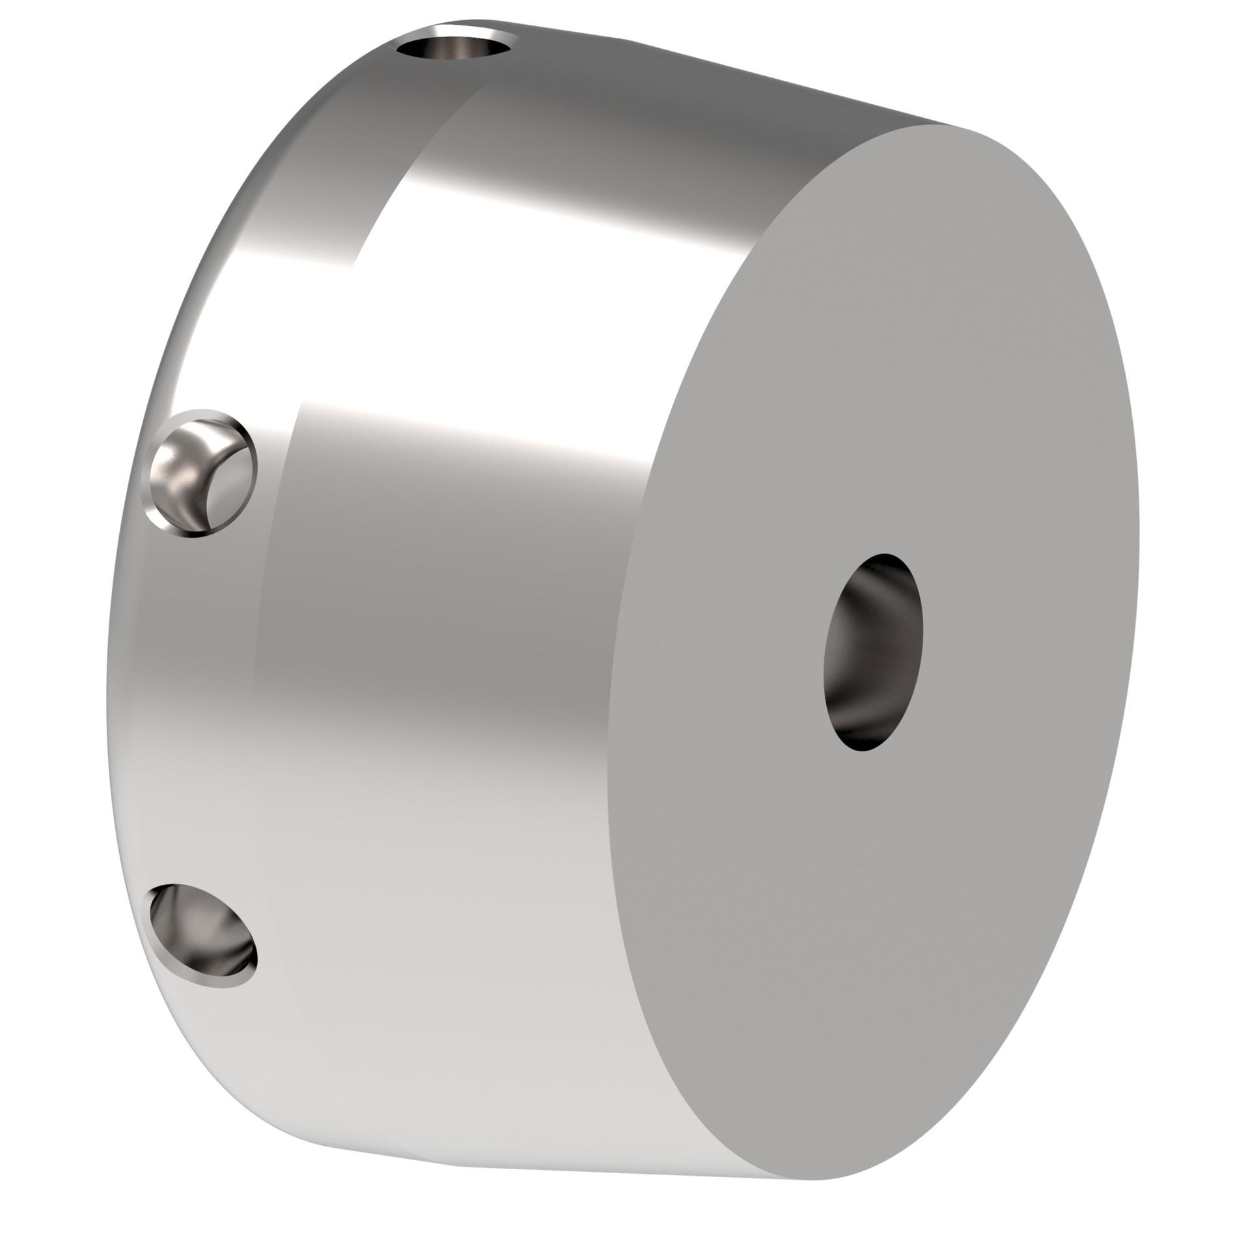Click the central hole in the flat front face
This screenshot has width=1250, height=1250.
(872, 651)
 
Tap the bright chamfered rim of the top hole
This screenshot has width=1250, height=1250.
(456, 30)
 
